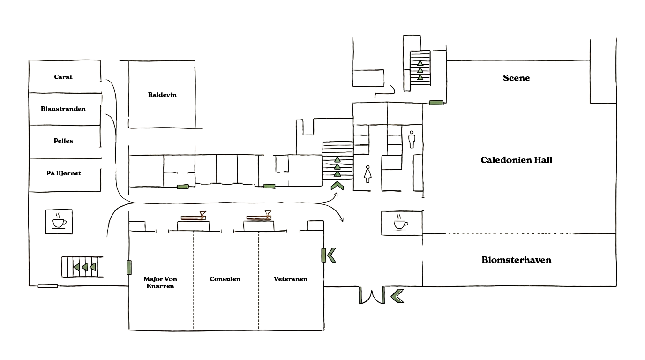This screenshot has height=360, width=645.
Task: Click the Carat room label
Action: pos(63,77)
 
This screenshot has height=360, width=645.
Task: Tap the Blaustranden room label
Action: pos(63,109)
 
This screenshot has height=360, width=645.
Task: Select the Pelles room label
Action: pos(63,141)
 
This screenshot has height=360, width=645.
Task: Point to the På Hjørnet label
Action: pos(64,173)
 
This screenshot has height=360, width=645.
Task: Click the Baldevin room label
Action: pos(162,95)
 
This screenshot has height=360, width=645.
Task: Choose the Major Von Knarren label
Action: pos(160,283)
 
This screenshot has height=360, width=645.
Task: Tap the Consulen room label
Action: pos(225,279)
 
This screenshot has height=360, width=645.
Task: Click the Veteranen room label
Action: pos(291,279)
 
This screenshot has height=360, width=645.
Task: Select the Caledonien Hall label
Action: pos(516,160)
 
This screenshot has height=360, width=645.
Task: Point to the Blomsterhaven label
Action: pos(516,260)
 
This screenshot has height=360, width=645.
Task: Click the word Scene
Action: pos(516,78)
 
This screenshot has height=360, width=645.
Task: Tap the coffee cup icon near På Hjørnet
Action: pos(59,222)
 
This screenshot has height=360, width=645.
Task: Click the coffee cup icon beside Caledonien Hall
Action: pos(400,223)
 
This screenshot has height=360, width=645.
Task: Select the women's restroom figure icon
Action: pos(367,174)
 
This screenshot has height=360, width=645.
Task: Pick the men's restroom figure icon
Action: pos(412,139)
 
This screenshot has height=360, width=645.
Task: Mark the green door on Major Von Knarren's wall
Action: pos(129,267)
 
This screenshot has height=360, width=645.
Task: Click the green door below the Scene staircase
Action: pos(436,103)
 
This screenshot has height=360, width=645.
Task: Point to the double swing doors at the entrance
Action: pos(372,295)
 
